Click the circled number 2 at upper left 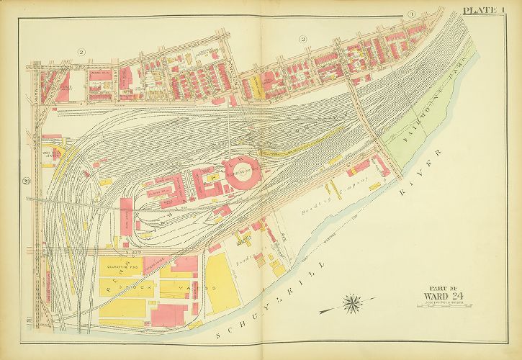[x=81, y=51]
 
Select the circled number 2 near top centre [x=303, y=38]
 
